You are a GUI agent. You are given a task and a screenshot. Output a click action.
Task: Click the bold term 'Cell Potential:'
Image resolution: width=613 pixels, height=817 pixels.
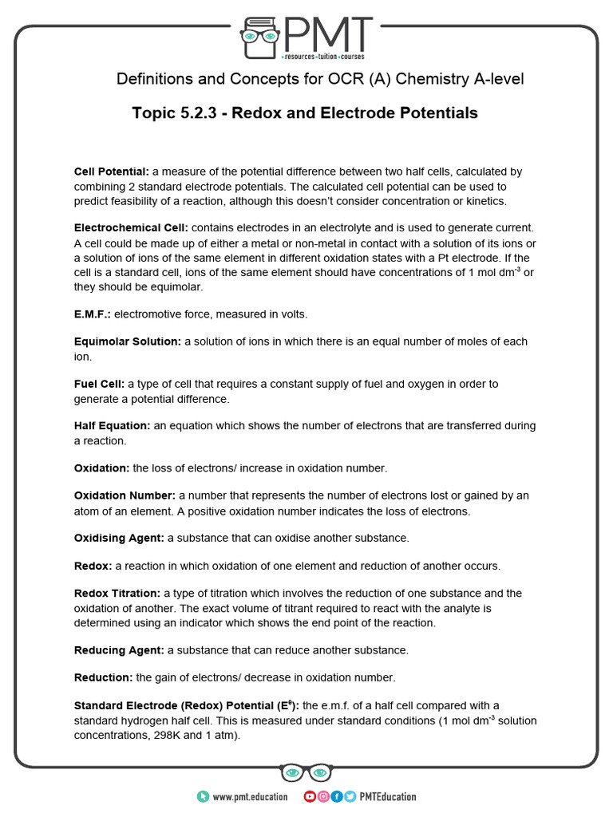pos(112,172)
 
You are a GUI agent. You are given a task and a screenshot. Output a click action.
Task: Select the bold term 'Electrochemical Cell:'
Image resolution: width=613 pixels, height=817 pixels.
pos(131,228)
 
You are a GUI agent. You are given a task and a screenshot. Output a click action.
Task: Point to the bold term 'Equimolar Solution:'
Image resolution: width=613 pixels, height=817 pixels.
pos(128,341)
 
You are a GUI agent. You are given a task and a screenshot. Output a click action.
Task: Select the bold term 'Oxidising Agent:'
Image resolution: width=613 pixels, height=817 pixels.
pos(119,538)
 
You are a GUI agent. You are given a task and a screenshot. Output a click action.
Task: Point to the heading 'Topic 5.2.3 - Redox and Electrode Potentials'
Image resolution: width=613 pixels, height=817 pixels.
pos(305,113)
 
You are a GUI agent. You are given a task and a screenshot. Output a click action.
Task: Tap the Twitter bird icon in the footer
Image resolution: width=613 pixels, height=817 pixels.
pos(350,796)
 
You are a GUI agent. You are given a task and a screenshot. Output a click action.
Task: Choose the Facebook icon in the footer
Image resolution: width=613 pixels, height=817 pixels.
pos(336,796)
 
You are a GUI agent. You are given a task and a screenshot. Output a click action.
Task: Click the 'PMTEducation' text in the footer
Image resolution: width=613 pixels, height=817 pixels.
pos(388,796)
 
